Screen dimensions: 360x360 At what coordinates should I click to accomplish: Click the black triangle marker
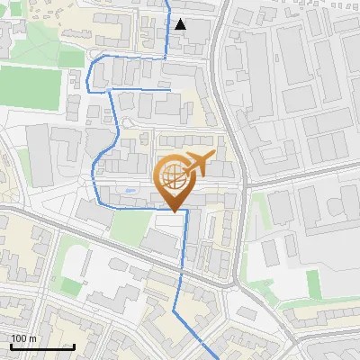181,24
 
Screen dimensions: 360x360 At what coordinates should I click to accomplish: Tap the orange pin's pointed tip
176,210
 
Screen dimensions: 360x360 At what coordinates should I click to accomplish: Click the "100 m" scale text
24,338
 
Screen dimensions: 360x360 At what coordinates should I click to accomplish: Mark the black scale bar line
41,346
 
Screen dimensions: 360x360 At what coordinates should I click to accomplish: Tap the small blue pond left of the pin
131,190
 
